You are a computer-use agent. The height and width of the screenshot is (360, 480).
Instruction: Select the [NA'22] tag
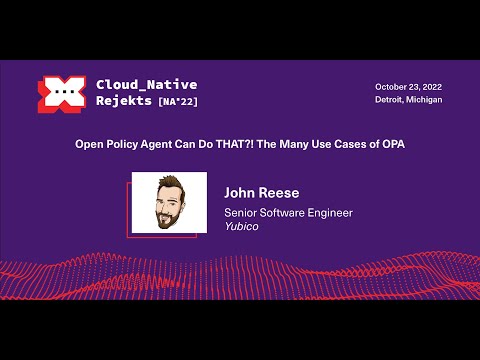coord(177,102)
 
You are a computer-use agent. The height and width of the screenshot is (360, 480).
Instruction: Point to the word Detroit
coord(392,100)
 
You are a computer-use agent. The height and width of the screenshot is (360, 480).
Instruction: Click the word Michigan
coord(425,100)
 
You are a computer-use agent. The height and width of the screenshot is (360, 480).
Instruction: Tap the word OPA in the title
coord(390,144)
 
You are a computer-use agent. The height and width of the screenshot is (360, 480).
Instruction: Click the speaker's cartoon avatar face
coord(169,200)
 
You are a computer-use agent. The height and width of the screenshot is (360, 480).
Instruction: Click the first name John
coord(241,193)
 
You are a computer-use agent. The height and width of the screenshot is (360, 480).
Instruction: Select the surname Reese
coord(280,193)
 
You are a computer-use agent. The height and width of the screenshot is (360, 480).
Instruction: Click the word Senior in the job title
coord(241,212)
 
